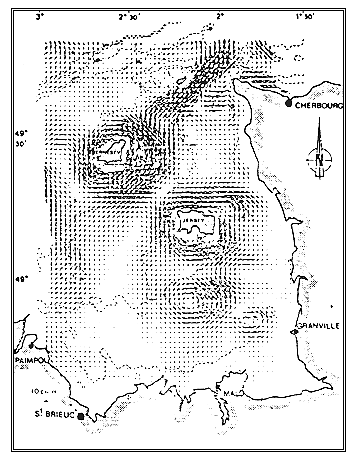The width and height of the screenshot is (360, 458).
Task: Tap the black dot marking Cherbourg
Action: tap(288, 103)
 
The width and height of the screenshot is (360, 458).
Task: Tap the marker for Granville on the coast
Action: tap(293, 331)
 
